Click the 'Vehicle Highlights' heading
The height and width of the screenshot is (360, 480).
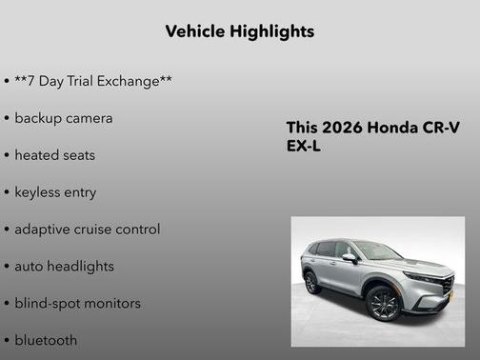pos(239,31)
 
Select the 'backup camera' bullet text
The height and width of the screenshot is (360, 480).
pos(64,118)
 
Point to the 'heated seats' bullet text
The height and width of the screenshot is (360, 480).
pos(54,154)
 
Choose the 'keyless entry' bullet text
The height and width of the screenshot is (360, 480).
pos(55,191)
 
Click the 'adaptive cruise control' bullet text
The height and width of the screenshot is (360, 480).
pos(88,229)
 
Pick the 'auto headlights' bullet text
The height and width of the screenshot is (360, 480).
pos(64,266)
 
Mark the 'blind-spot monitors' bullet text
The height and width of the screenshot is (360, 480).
pos(77,303)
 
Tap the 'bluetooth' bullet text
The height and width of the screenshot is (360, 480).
pos(46,340)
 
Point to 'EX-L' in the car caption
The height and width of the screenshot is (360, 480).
pos(305,148)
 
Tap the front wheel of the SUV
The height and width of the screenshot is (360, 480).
pos(384,304)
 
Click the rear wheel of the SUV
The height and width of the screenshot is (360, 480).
pos(311,283)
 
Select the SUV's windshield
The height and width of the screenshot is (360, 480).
pos(379,251)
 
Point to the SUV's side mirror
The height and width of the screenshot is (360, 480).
pos(350,257)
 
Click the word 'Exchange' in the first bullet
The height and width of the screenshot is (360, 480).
pos(129,81)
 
